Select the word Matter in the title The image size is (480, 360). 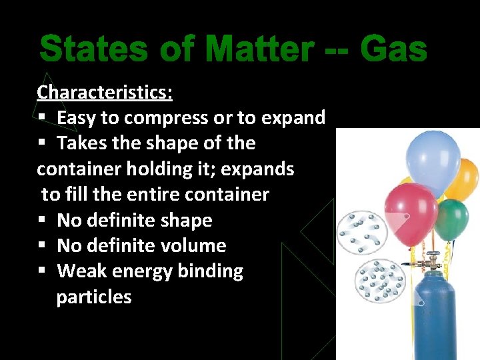tap(259, 50)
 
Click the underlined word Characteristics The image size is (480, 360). tap(105, 92)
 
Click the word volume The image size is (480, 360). tap(193, 245)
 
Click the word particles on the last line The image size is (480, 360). tap(94, 297)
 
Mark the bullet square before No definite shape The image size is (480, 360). tap(41, 220)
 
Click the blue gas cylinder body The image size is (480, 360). tap(437, 313)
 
